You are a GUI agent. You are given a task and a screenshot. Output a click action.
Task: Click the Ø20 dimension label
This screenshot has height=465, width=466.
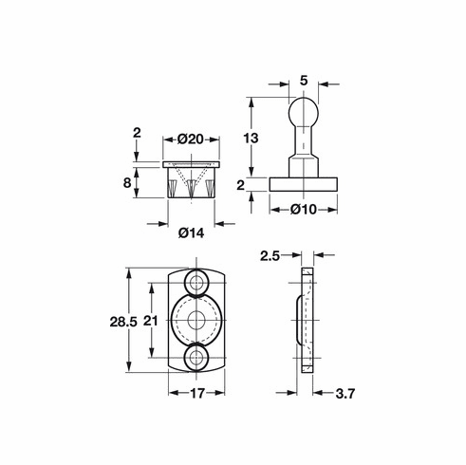coord(194,139)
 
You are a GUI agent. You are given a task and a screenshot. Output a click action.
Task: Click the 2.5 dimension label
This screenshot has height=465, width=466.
coord(270,255)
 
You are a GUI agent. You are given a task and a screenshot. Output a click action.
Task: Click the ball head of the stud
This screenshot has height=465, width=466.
coord(304,112)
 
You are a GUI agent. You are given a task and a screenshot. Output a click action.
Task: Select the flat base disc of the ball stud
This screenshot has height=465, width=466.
coord(304,180)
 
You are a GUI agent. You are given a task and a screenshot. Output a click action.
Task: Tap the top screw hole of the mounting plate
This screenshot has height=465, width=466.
coord(199,282)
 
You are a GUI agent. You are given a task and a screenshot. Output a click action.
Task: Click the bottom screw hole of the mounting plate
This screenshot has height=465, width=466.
coord(199,359)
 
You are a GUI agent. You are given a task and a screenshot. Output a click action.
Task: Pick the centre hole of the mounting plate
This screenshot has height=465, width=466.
coord(199,320)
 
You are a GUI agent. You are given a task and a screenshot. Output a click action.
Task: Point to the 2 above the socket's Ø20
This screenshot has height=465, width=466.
coord(138,134)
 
